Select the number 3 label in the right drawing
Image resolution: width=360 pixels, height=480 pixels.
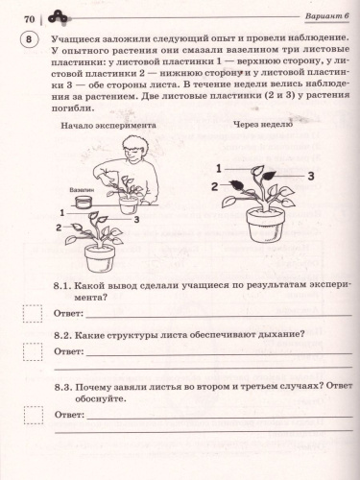pos(310,176)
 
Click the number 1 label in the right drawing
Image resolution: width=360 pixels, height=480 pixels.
pos(219,168)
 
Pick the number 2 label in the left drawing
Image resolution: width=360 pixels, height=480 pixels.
pos(60,228)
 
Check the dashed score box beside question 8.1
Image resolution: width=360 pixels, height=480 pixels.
pos(33,313)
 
